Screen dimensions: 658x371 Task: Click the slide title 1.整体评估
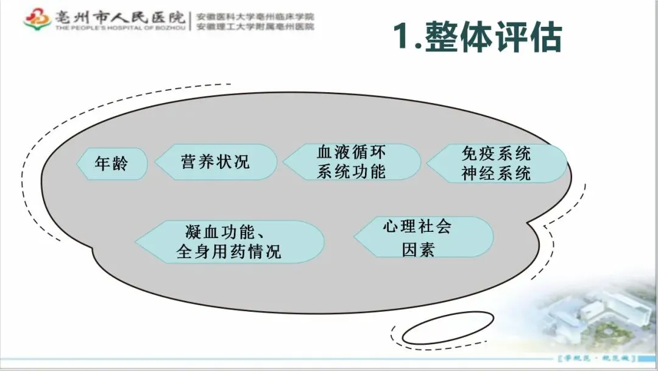[476, 36]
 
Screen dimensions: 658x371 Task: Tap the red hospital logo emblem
[37, 19]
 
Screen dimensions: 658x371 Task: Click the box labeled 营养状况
[216, 162]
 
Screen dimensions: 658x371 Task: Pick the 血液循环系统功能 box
[352, 161]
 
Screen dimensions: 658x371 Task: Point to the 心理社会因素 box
[423, 237]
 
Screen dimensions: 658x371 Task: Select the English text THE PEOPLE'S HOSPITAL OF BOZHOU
[106, 27]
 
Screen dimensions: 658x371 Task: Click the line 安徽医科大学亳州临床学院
[255, 16]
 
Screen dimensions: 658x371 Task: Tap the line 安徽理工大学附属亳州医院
[255, 27]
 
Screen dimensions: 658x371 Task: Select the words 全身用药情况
[229, 251]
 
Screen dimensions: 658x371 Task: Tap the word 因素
[418, 249]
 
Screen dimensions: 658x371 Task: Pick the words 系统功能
[352, 171]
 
